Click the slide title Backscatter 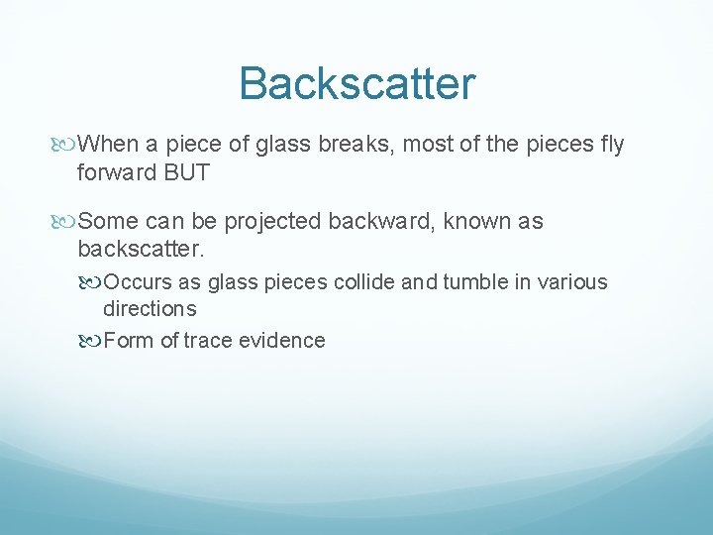356,83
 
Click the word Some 108,221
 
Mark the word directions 150,308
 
